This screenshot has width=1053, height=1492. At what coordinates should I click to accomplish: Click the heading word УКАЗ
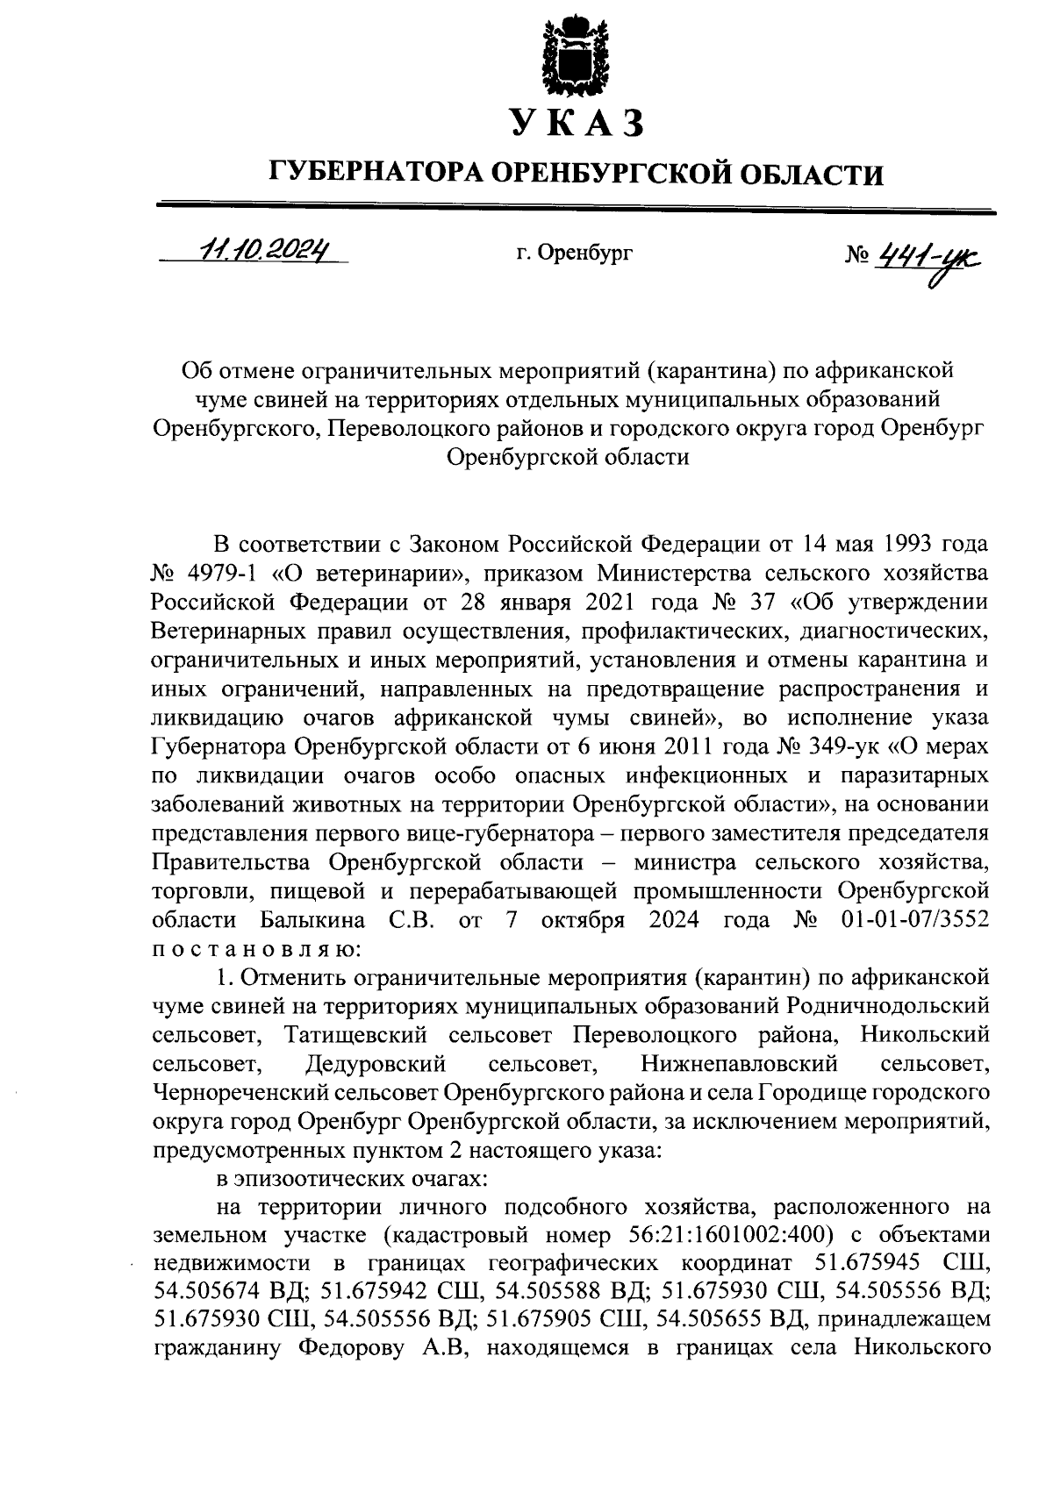(577, 124)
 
